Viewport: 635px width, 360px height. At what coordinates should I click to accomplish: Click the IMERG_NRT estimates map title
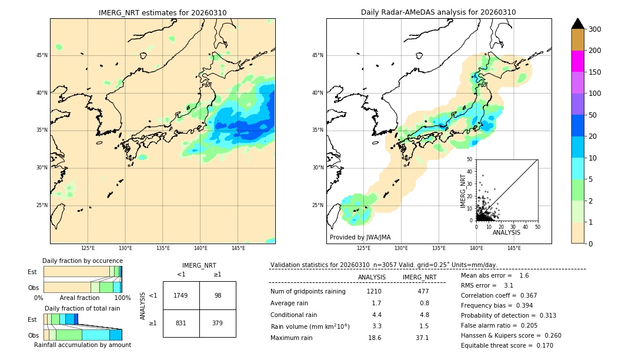(162, 12)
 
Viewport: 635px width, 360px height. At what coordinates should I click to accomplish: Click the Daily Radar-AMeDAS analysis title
(438, 12)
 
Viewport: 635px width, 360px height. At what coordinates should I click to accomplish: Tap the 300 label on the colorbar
(595, 29)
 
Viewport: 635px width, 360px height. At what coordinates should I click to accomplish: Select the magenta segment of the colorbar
(577, 61)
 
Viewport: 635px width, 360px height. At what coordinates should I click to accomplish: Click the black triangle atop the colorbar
(578, 24)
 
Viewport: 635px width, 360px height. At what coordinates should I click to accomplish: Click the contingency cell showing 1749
(181, 295)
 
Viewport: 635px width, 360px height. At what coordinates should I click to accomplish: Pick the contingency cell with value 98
(218, 295)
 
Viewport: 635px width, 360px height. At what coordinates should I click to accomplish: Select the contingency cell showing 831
(181, 323)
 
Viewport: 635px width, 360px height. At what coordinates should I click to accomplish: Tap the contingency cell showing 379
(218, 323)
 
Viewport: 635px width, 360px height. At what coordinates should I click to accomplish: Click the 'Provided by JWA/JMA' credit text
(360, 238)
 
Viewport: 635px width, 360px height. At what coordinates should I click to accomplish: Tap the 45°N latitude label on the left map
(42, 55)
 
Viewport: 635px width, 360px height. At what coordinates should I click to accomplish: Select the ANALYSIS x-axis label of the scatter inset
(506, 232)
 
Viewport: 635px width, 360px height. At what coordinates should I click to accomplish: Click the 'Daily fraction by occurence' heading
(82, 261)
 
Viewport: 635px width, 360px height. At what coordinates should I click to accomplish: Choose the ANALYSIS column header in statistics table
(372, 277)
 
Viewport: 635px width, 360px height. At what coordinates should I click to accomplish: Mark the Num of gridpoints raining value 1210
(374, 291)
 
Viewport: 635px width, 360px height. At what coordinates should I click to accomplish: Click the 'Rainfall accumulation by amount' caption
(82, 345)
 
